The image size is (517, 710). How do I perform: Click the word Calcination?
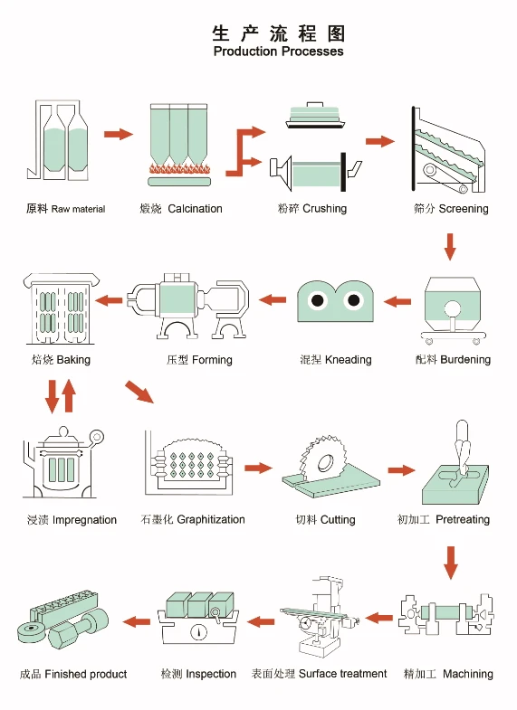tap(195, 209)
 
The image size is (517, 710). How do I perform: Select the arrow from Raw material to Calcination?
tap(119, 134)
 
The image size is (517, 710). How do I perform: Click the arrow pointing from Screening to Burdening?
tap(450, 247)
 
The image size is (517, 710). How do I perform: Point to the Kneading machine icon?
tap(335, 301)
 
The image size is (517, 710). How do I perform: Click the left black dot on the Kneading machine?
tap(318, 299)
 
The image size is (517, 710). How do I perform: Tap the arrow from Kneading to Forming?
tap(273, 299)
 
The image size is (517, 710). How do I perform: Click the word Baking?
tap(73, 360)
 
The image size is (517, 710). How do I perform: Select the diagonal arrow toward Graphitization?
tap(139, 392)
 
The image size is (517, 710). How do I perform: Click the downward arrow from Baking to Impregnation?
tap(53, 396)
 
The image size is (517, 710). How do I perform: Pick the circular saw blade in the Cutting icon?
tap(322, 458)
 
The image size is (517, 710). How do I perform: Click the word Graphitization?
tap(211, 520)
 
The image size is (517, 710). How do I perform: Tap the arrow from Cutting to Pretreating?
tap(401, 470)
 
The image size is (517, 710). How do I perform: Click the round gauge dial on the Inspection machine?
tap(198, 632)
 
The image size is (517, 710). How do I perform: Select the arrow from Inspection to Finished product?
tap(137, 621)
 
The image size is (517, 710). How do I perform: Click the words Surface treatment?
tap(343, 674)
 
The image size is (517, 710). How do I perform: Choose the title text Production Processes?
tap(278, 52)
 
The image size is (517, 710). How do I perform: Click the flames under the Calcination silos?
tap(180, 169)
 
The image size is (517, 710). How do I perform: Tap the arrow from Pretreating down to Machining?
tap(450, 563)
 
